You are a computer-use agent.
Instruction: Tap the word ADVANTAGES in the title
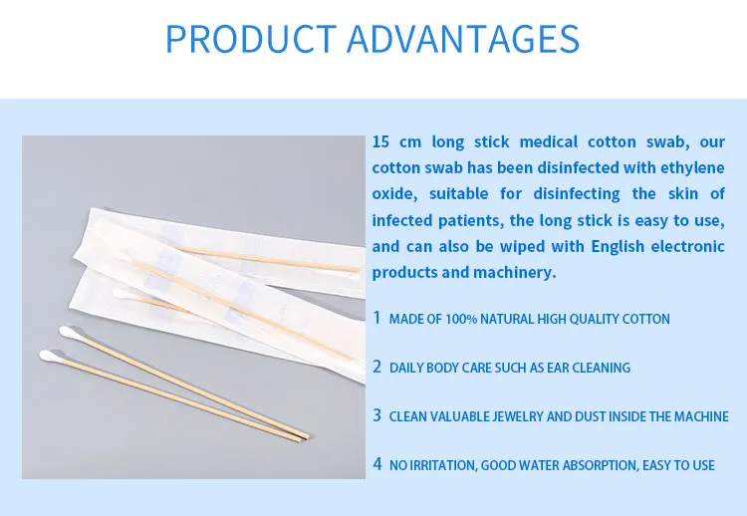pos(463,39)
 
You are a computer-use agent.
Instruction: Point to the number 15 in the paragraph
pos(381,141)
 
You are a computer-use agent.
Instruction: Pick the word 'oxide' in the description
pos(393,193)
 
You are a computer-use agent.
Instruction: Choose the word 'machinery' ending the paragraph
pos(516,272)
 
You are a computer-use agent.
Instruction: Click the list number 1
pos(377,318)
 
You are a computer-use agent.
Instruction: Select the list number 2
pos(377,367)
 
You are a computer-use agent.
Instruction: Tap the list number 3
pos(377,415)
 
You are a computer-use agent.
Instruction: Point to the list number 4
pos(377,463)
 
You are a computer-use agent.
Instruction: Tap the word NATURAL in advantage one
pos(507,319)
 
